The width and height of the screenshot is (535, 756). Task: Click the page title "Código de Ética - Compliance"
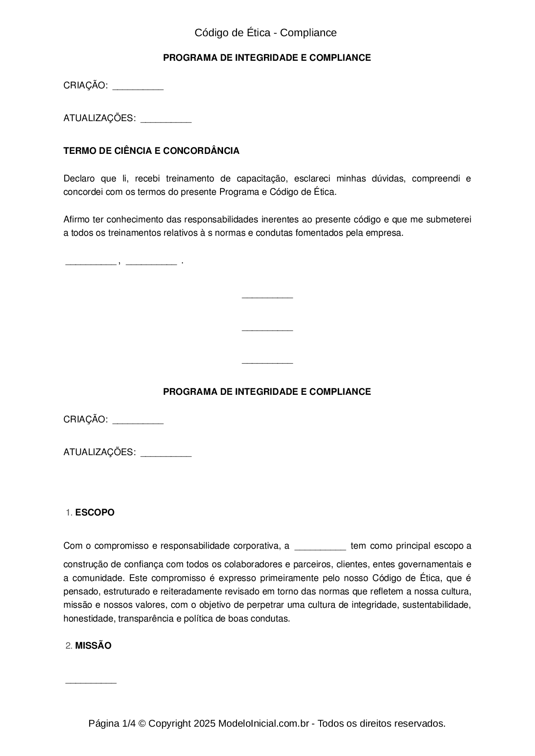(265, 33)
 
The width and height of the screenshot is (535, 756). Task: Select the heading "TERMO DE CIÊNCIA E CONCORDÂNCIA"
(151, 151)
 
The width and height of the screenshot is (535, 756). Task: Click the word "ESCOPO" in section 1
(95, 512)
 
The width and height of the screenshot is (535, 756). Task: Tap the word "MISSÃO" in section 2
(93, 646)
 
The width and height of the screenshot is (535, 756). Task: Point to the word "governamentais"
(430, 564)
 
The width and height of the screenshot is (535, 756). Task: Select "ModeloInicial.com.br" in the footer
(263, 723)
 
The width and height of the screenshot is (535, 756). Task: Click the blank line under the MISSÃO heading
(91, 682)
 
